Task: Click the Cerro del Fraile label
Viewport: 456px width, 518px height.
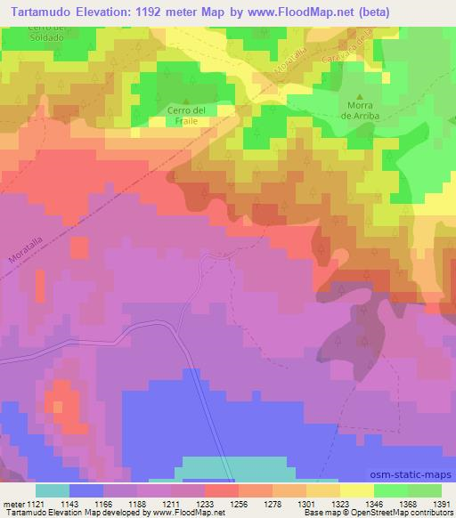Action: point(186,115)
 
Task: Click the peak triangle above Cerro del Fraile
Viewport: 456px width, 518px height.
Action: point(186,100)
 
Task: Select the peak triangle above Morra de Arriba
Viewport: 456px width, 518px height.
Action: point(360,95)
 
